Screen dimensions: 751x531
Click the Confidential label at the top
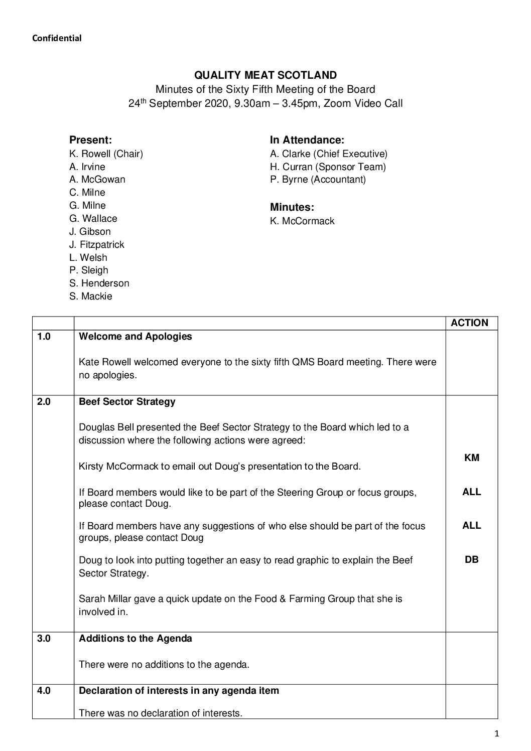[x=57, y=38]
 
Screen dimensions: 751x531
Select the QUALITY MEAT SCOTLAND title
[x=265, y=75]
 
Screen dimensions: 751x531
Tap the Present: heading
[x=90, y=140]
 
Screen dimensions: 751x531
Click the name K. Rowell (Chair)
[x=106, y=154]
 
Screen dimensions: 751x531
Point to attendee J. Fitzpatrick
[x=96, y=244]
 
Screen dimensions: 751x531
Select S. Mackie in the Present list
[x=90, y=296]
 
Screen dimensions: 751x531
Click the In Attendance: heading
[x=307, y=140]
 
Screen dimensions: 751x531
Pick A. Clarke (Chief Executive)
[x=328, y=154]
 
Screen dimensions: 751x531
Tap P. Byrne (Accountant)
[x=318, y=179]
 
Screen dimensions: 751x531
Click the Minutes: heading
[x=292, y=207]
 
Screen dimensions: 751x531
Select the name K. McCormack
[x=302, y=221]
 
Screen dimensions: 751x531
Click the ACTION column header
[x=469, y=323]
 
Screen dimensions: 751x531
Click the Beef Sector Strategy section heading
[x=127, y=402]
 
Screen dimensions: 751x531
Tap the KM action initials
[x=471, y=458]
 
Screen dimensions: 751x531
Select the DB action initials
[x=471, y=559]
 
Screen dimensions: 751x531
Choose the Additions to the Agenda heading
[x=136, y=639]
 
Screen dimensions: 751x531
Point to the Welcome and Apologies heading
[x=136, y=337]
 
